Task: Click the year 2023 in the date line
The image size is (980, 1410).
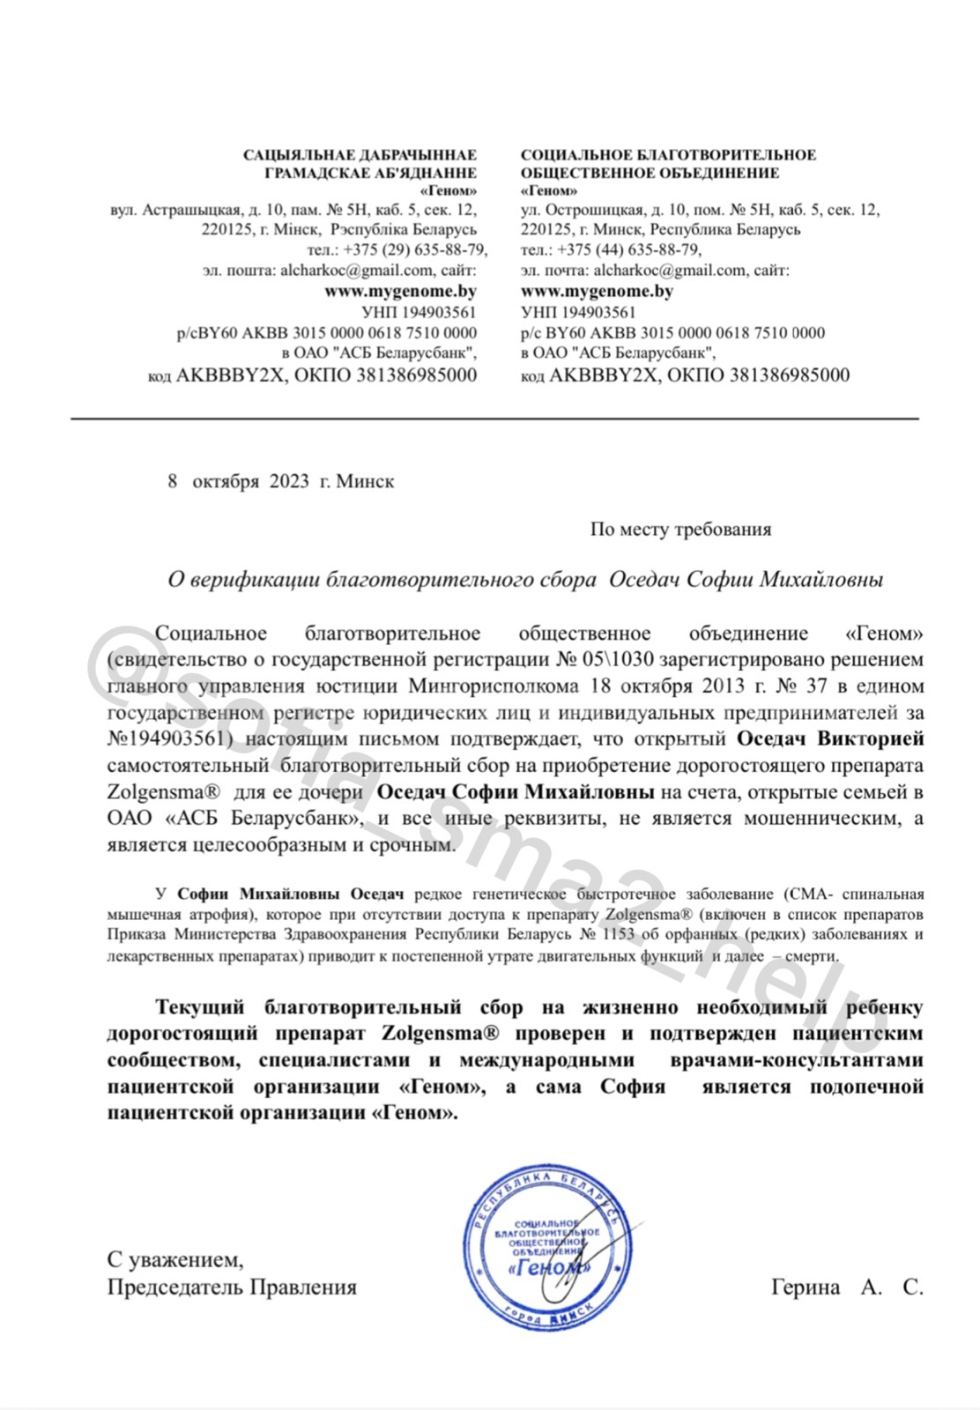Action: [x=289, y=481]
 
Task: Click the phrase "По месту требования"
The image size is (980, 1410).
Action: [x=680, y=529]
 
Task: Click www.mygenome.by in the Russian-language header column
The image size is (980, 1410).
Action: [x=597, y=291]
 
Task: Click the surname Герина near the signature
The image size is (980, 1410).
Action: [x=806, y=1288]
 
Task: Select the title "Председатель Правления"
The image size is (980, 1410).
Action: [x=232, y=1288]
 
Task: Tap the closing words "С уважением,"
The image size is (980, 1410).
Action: [x=175, y=1258]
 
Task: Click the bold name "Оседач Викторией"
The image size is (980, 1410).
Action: [x=829, y=738]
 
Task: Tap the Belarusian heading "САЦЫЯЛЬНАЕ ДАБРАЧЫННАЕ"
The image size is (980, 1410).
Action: [x=360, y=155]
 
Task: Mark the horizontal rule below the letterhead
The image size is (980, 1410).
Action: [x=494, y=417]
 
